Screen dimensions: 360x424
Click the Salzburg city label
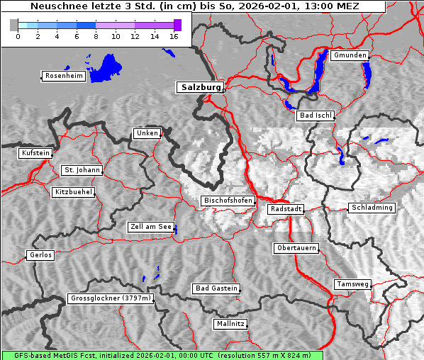200,87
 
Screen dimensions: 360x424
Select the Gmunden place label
350,55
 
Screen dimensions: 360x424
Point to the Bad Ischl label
315,116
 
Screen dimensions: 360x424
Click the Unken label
146,133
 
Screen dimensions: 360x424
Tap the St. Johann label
82,170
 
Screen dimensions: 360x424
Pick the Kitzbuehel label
72,192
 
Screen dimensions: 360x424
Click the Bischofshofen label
228,201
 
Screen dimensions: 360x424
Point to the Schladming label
372,208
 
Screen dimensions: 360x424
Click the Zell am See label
151,227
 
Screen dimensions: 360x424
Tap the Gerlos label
40,255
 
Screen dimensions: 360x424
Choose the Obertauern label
296,248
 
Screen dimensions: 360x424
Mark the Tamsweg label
352,284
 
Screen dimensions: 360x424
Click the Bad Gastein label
216,288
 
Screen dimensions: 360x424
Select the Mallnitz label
230,324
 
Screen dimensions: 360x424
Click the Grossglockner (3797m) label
111,298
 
